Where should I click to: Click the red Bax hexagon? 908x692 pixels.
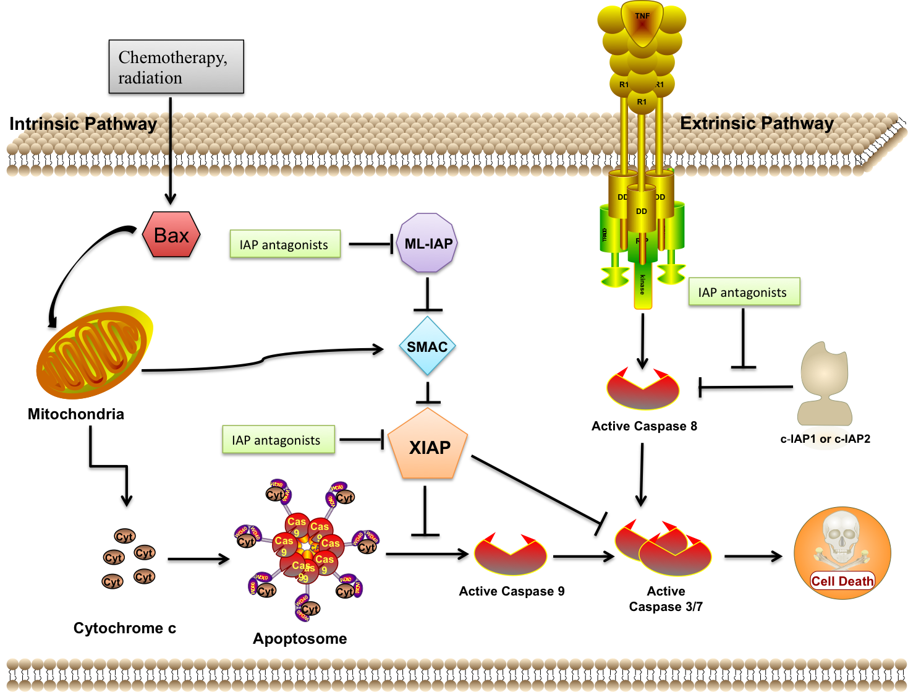(171, 236)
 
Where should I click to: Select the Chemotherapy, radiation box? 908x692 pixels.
(176, 68)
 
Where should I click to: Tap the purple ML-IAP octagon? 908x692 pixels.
(428, 244)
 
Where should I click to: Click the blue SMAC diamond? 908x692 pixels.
(427, 347)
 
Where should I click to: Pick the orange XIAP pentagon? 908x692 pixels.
(429, 447)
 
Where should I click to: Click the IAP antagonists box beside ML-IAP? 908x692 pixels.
(284, 245)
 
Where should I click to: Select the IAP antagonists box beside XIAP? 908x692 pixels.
(278, 440)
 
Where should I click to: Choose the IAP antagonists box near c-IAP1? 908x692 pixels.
(743, 293)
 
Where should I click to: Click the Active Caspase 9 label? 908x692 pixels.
(511, 592)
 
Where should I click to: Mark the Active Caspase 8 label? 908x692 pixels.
(644, 426)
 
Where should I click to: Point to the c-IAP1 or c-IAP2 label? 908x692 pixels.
(825, 439)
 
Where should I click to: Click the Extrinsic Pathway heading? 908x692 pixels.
(757, 124)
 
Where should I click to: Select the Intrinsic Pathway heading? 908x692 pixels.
(83, 124)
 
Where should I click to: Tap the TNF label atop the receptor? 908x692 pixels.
(642, 16)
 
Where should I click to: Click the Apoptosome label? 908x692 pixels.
(300, 639)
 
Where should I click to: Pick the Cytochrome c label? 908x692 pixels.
(125, 628)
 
